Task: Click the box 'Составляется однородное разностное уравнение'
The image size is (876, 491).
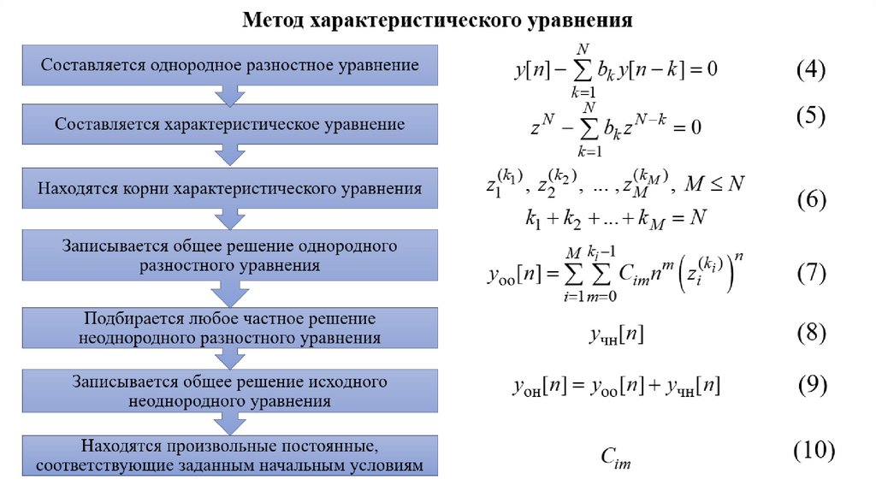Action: coord(230,65)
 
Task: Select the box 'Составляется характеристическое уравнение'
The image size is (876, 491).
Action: coord(230,124)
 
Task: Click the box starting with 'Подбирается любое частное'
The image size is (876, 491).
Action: coord(230,328)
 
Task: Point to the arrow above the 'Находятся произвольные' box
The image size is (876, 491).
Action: coord(230,423)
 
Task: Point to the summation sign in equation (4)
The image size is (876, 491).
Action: coord(585,70)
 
